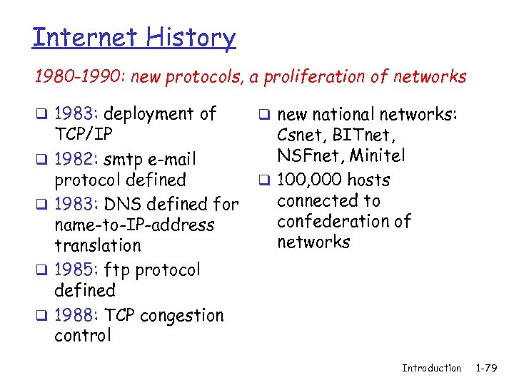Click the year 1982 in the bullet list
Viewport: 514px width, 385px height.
coord(78,159)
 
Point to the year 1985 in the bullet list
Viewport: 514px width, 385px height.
coord(78,270)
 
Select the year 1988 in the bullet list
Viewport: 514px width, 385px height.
coord(78,315)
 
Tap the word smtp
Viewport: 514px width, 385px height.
coord(128,159)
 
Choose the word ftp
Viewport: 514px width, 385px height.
coord(116,270)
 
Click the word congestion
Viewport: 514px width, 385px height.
coord(183,315)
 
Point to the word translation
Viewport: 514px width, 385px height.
coord(98,246)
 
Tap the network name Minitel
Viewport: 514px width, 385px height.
coord(381,155)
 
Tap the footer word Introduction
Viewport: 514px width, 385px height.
coord(431,368)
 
